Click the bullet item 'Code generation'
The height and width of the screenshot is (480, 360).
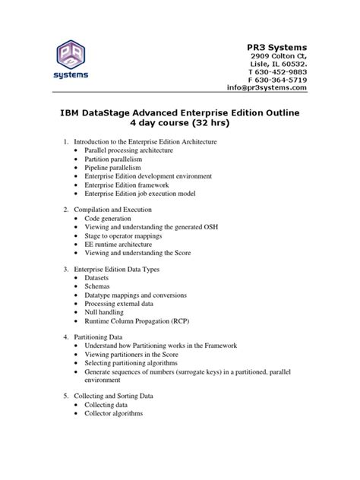(x=113, y=218)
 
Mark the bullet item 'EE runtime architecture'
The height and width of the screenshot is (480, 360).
(x=125, y=244)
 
